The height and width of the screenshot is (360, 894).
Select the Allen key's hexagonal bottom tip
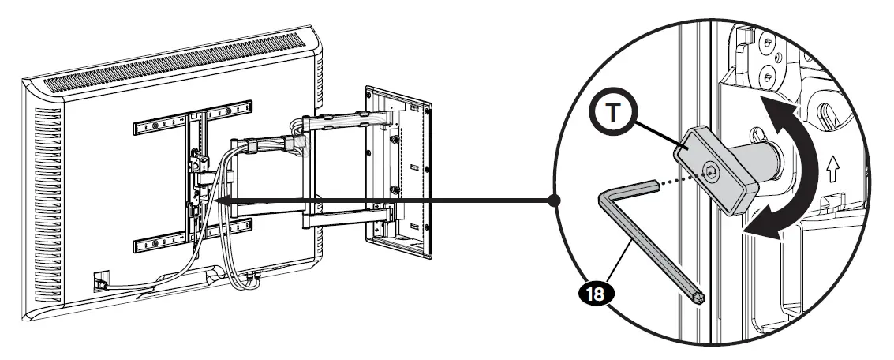click(x=699, y=298)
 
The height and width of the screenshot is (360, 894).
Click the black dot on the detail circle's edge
click(x=555, y=201)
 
